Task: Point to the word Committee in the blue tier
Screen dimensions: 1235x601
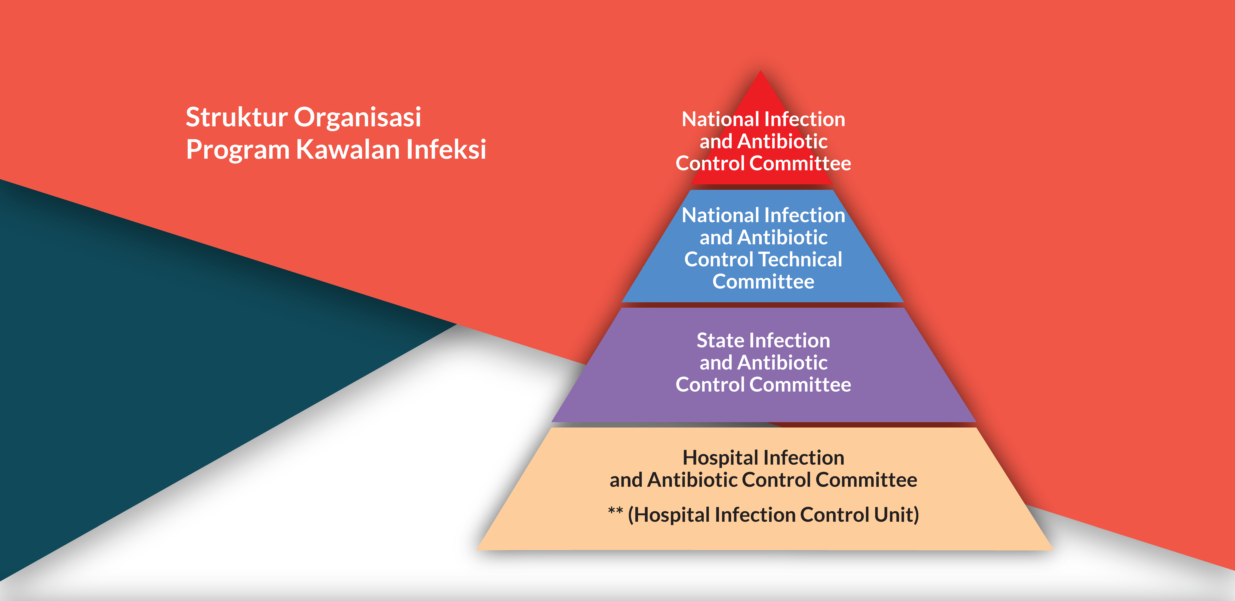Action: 763,281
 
